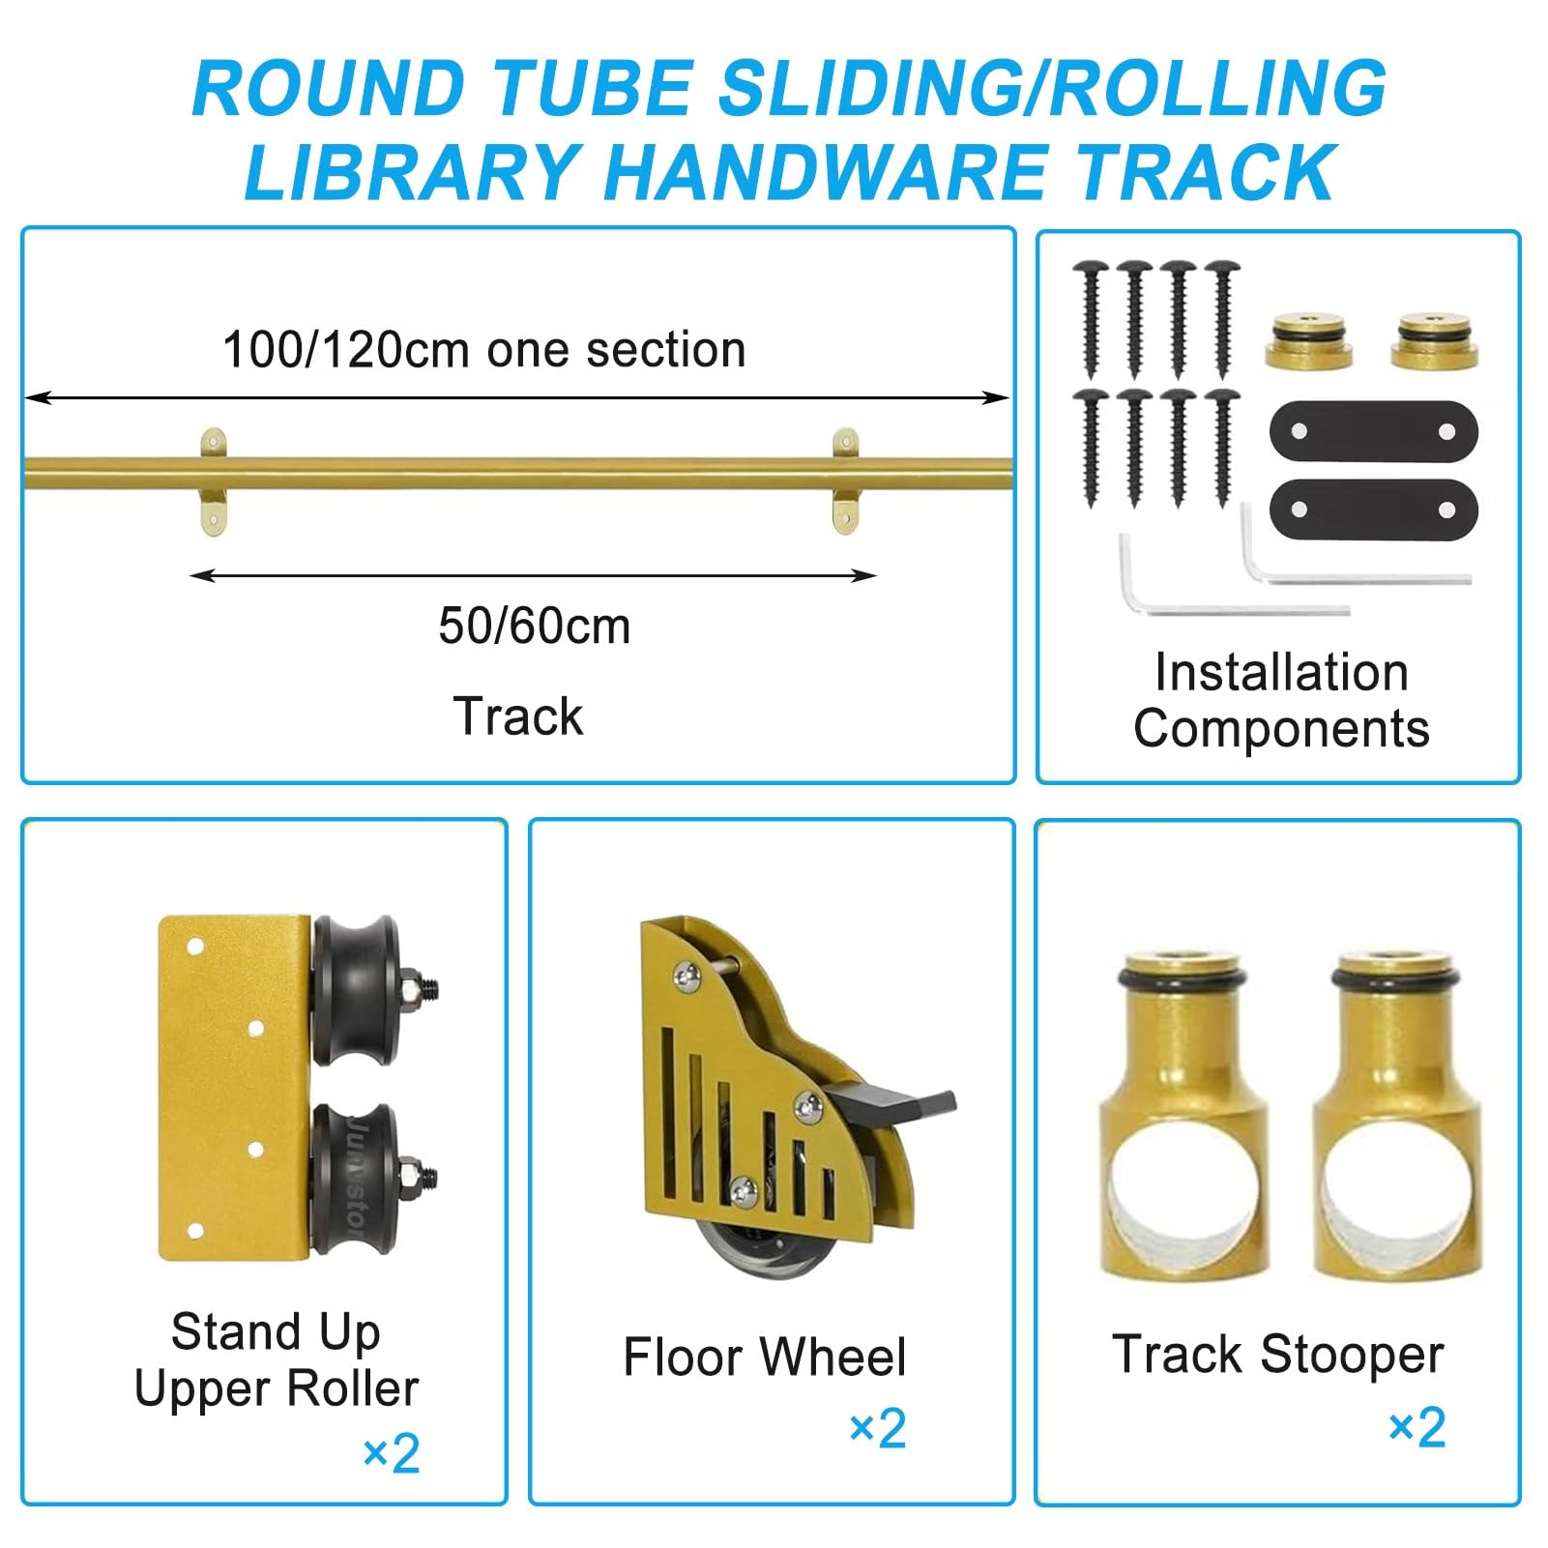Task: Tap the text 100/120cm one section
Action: pos(484,349)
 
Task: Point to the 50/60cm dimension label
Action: pos(535,626)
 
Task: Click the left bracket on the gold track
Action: pos(214,482)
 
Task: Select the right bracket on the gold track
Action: pos(845,482)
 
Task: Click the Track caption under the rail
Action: pos(518,716)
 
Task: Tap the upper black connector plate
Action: pos(1374,432)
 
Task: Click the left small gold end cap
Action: pos(1309,341)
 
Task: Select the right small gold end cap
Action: pos(1435,341)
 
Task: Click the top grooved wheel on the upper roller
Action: pos(356,990)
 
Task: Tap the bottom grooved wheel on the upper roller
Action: pos(356,1179)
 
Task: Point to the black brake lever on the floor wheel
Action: pos(894,1105)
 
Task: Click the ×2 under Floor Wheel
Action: pos(878,1429)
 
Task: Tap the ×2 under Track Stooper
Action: pos(1417,1428)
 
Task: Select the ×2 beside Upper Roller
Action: pos(392,1454)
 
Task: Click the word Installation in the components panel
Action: pos(1282,672)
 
